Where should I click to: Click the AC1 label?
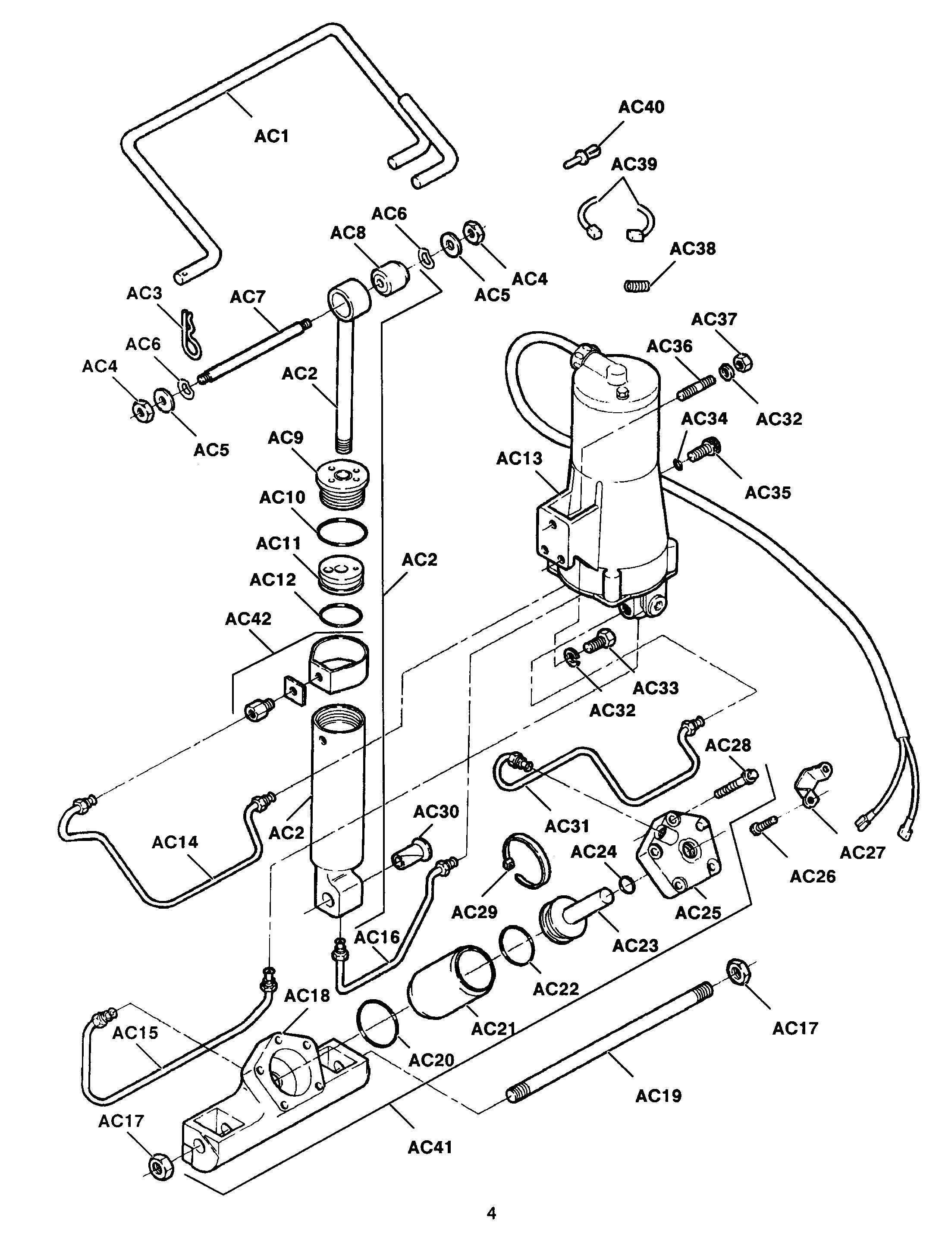(271, 136)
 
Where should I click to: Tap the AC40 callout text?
(641, 107)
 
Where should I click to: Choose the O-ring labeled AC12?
(341, 614)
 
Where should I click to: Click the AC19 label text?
(658, 1096)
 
